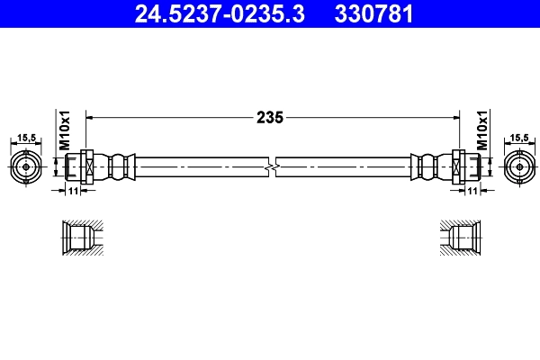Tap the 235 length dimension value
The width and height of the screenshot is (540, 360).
pos(271,117)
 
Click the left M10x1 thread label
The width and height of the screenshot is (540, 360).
pos(65,130)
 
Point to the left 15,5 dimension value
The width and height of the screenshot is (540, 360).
pos(26,138)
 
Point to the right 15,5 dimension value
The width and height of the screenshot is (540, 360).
pos(518,138)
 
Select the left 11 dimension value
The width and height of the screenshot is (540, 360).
pos(74,192)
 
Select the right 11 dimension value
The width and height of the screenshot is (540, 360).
pos(472,192)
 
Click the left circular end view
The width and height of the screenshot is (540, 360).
pos(27,166)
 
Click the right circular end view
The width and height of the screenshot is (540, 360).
pos(517,166)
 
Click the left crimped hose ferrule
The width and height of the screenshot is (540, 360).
pos(117,166)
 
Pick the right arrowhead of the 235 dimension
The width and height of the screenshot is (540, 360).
pos(455,117)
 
